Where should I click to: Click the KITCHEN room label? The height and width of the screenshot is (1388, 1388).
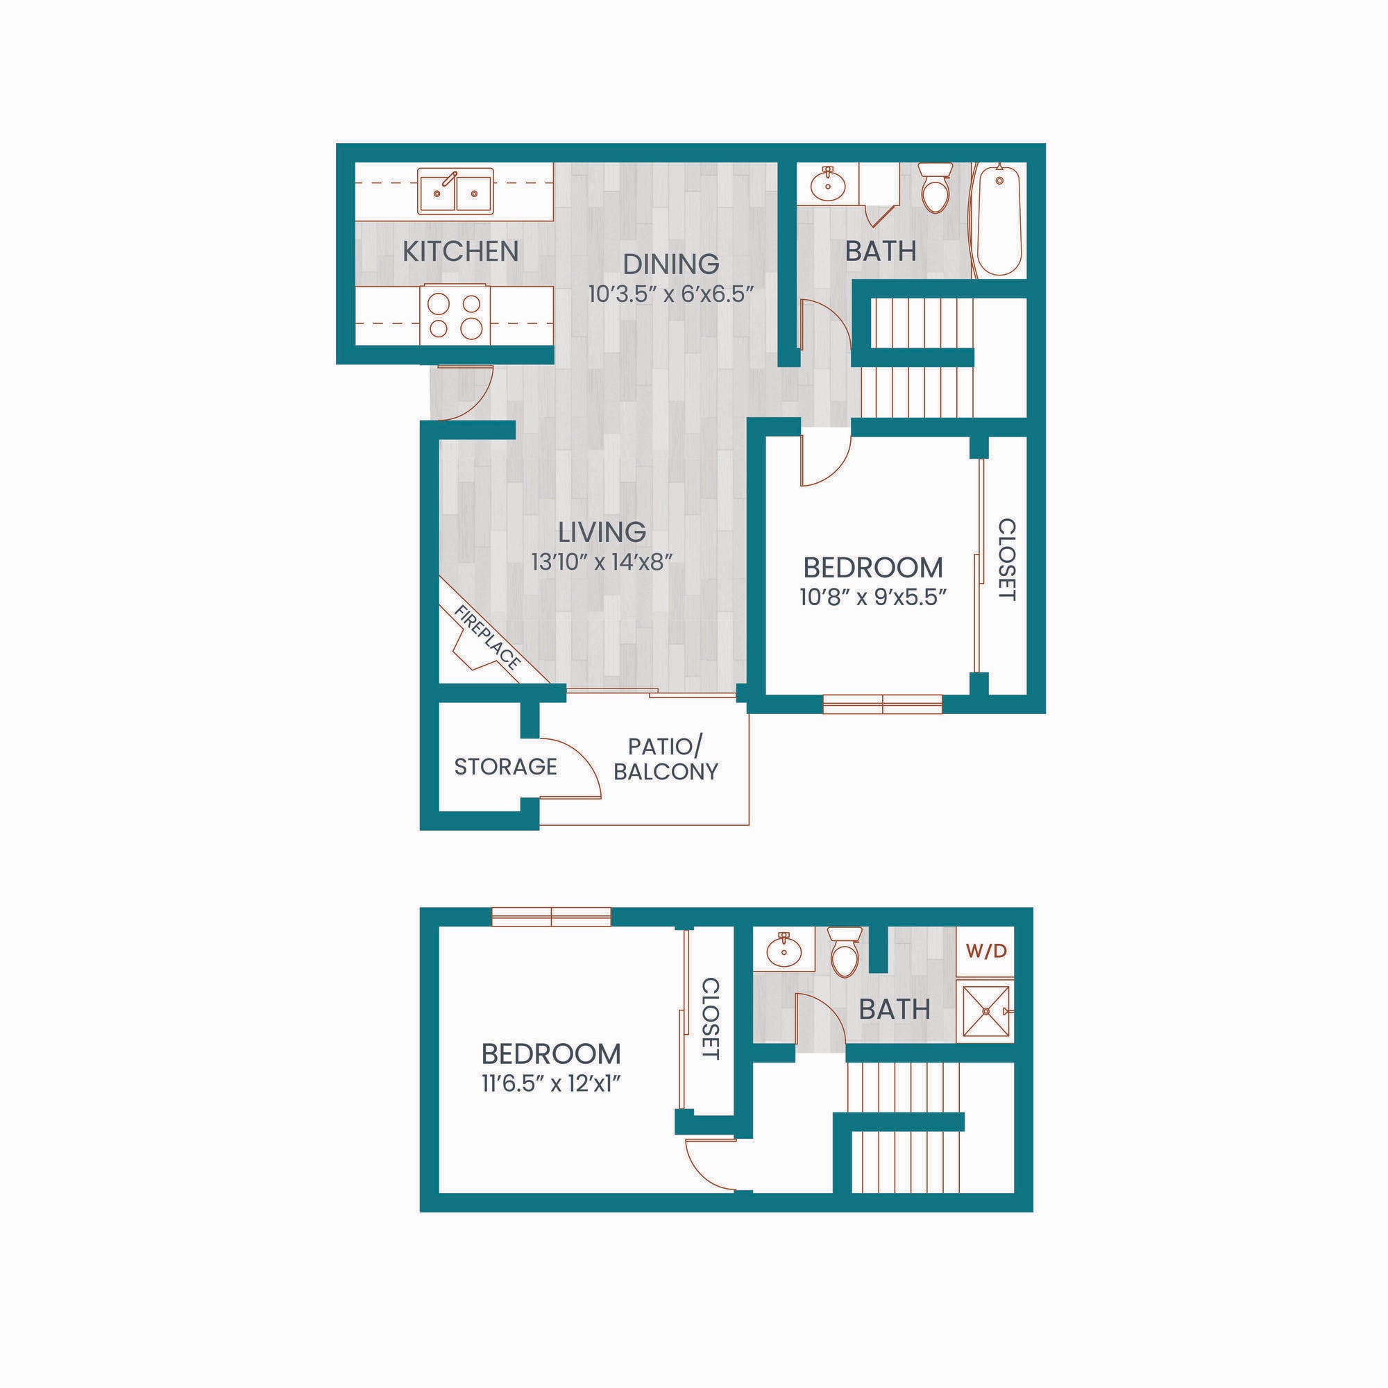click(460, 251)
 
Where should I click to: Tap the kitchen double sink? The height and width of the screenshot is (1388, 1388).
click(455, 191)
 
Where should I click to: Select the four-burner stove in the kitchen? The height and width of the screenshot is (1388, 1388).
click(455, 315)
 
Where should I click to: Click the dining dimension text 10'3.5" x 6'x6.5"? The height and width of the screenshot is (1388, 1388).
click(670, 294)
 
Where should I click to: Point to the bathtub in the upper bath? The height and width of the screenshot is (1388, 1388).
click(998, 221)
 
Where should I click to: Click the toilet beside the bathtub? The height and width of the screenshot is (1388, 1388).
click(936, 189)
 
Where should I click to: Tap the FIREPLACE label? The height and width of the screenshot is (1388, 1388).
click(488, 637)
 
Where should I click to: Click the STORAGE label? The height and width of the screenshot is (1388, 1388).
click(505, 767)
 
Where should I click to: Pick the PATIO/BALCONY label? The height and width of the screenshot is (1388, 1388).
click(666, 759)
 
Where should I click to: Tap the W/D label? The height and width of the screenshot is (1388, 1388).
click(986, 951)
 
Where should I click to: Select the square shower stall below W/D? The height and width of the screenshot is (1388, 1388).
click(985, 1011)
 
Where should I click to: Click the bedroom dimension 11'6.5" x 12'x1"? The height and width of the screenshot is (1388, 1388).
click(551, 1083)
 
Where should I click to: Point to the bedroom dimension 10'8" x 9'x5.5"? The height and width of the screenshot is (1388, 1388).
click(872, 597)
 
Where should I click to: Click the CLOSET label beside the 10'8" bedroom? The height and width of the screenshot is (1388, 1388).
click(1007, 559)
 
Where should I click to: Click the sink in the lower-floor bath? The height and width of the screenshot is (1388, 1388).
click(783, 951)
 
